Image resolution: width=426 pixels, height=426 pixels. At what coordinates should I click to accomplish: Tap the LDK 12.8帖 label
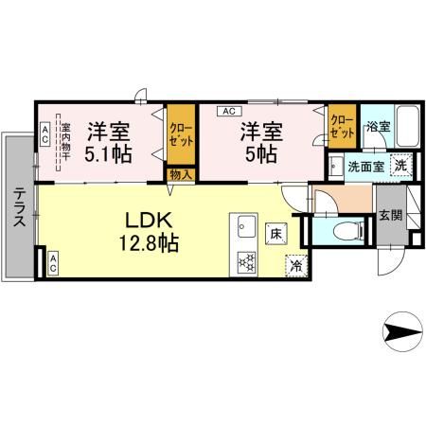(148, 229)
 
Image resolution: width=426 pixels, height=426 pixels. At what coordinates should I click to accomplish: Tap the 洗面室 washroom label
(364, 166)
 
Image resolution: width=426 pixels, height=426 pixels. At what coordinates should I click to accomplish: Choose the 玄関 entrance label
(389, 215)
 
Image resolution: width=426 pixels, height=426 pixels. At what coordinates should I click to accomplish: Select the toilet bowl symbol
(347, 230)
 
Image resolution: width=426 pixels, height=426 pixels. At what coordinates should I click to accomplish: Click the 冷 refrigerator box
(295, 266)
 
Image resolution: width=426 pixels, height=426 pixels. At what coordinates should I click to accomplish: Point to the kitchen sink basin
(246, 227)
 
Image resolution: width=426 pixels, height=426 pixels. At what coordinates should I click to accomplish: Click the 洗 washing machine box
(400, 165)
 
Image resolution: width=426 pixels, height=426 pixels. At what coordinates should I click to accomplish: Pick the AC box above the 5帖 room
(228, 110)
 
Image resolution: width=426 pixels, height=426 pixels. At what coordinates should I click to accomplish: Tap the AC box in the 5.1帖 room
(44, 133)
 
